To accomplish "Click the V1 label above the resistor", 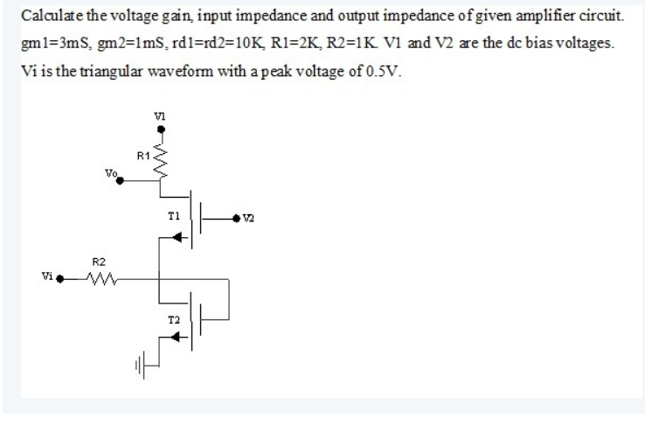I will [159, 114].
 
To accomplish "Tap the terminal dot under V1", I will [159, 129].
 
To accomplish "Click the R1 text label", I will [144, 155].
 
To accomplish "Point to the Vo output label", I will [109, 173].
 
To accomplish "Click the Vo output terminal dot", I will [120, 182].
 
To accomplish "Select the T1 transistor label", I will [173, 214].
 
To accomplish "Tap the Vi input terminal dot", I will [64, 280].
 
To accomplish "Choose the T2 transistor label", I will [173, 322].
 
